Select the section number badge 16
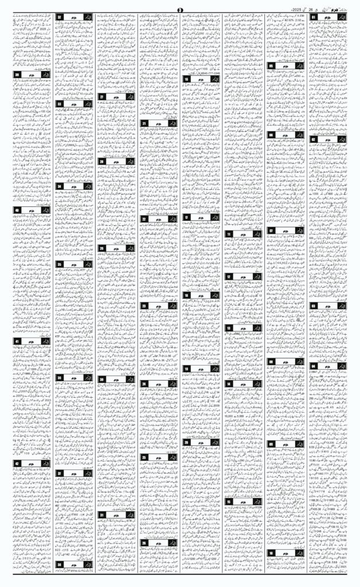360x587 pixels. point(187,79)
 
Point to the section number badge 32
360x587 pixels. point(60,18)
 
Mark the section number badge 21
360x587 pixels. point(145,124)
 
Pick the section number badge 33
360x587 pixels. point(60,104)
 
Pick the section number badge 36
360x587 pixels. point(60,378)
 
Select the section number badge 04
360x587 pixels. point(315,365)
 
